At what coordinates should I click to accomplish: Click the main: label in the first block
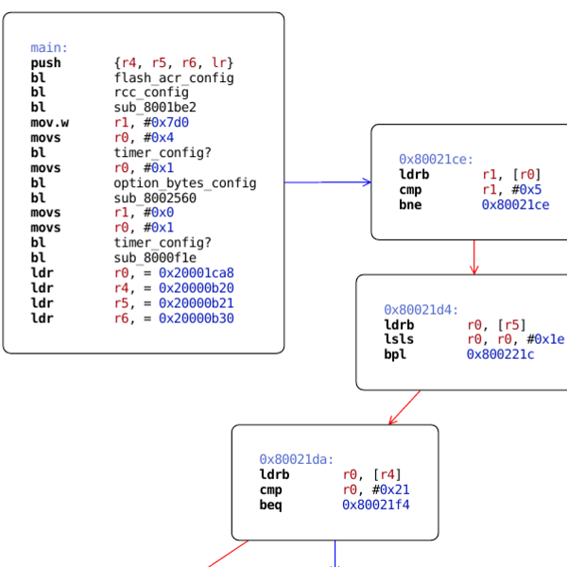pyautogui.click(x=49, y=48)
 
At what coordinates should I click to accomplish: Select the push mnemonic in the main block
pyautogui.click(x=45, y=63)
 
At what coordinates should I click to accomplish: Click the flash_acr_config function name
pyautogui.click(x=174, y=78)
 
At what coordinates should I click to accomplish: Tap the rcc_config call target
pyautogui.click(x=151, y=93)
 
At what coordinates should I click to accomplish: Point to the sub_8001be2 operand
pyautogui.click(x=155, y=108)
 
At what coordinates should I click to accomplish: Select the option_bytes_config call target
pyautogui.click(x=185, y=183)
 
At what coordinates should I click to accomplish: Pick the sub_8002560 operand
pyautogui.click(x=155, y=198)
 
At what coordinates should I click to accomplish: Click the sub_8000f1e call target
pyautogui.click(x=155, y=258)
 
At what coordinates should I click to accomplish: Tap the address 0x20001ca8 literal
pyautogui.click(x=197, y=273)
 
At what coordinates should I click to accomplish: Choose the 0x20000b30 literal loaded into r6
pyautogui.click(x=197, y=318)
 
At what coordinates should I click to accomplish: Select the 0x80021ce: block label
pyautogui.click(x=437, y=160)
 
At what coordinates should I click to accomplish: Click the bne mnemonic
pyautogui.click(x=410, y=204)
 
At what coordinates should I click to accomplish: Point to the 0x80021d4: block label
pyautogui.click(x=421, y=310)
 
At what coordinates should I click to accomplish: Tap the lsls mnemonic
pyautogui.click(x=399, y=339)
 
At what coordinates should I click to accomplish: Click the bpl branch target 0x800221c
pyautogui.click(x=501, y=354)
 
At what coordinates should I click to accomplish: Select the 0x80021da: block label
pyautogui.click(x=297, y=460)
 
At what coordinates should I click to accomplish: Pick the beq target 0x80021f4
pyautogui.click(x=376, y=505)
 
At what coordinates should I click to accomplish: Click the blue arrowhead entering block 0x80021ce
pyautogui.click(x=367, y=182)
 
